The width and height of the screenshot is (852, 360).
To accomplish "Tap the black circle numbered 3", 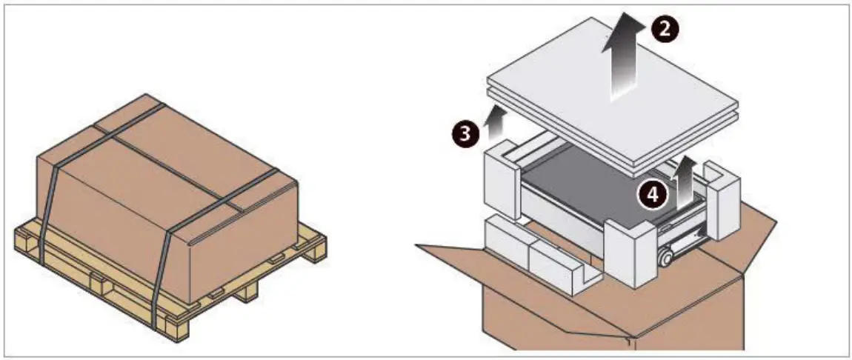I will pyautogui.click(x=464, y=133).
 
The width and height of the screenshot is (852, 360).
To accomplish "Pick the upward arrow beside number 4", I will pyautogui.click(x=686, y=178).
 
